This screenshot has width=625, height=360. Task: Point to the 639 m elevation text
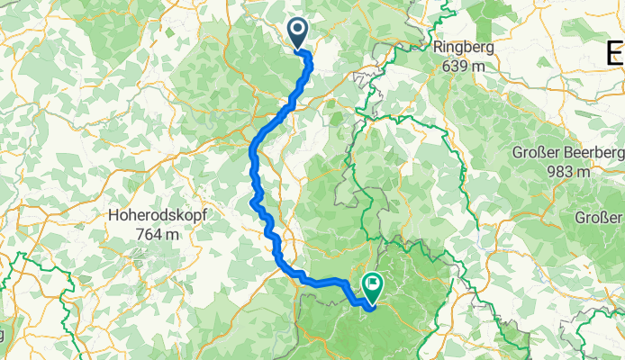point(465,66)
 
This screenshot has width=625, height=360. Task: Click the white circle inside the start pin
point(298,31)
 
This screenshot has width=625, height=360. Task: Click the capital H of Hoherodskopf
point(113,216)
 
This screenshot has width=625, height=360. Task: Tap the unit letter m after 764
point(168,234)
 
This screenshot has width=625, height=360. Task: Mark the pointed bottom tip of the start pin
point(298,49)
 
